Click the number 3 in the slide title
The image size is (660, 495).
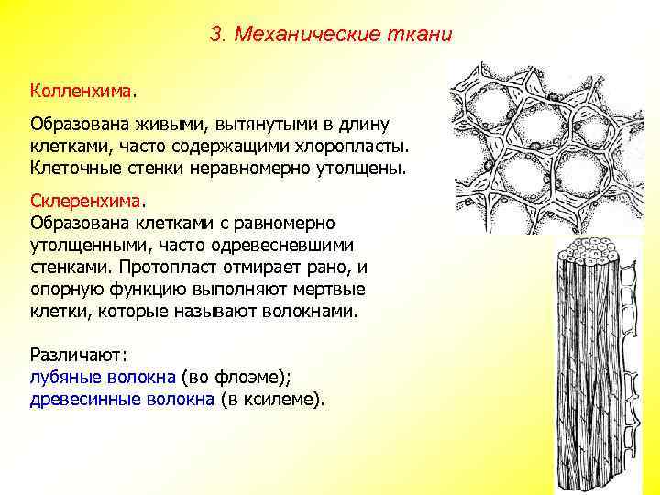pyautogui.click(x=215, y=36)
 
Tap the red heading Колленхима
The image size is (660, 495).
pyautogui.click(x=82, y=92)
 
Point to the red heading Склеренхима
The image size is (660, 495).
pyautogui.click(x=86, y=199)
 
